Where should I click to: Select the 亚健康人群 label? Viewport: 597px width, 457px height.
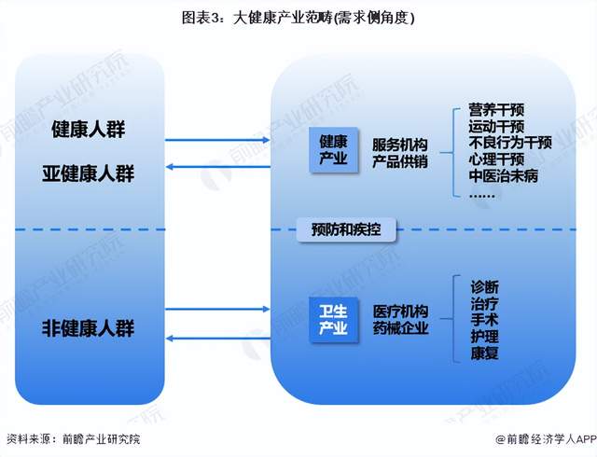pyautogui.click(x=89, y=173)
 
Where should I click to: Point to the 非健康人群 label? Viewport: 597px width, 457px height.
pyautogui.click(x=89, y=328)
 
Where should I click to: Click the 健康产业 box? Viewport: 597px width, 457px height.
pyautogui.click(x=333, y=150)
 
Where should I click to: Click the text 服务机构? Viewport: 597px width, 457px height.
pyautogui.click(x=400, y=144)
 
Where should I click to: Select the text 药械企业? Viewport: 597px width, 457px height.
pyautogui.click(x=400, y=327)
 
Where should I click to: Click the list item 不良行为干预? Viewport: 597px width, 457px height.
pyautogui.click(x=510, y=143)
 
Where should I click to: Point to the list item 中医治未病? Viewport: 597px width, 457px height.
pyautogui.click(x=504, y=175)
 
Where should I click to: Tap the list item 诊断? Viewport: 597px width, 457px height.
pyautogui.click(x=485, y=286)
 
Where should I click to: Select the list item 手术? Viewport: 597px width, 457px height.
pyautogui.click(x=485, y=319)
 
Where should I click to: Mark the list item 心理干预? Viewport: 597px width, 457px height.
pyautogui.click(x=496, y=159)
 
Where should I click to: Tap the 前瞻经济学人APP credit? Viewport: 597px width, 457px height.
pyautogui.click(x=544, y=438)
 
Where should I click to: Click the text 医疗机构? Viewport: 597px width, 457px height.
pyautogui.click(x=400, y=311)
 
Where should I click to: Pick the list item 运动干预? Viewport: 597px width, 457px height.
pyautogui.click(x=496, y=127)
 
